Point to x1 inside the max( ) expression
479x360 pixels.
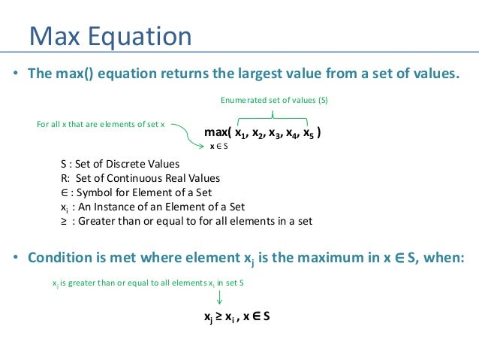tap(240, 134)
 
